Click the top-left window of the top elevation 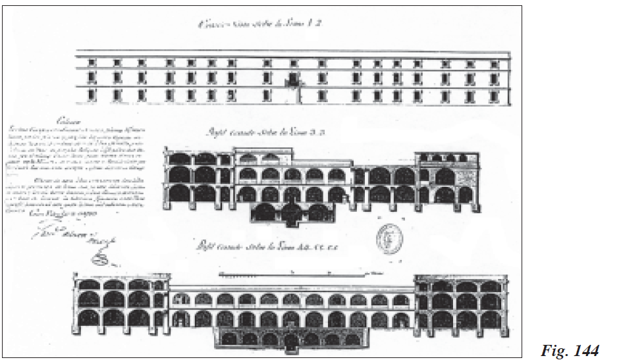click(x=92, y=63)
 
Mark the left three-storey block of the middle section click(x=198, y=177)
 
